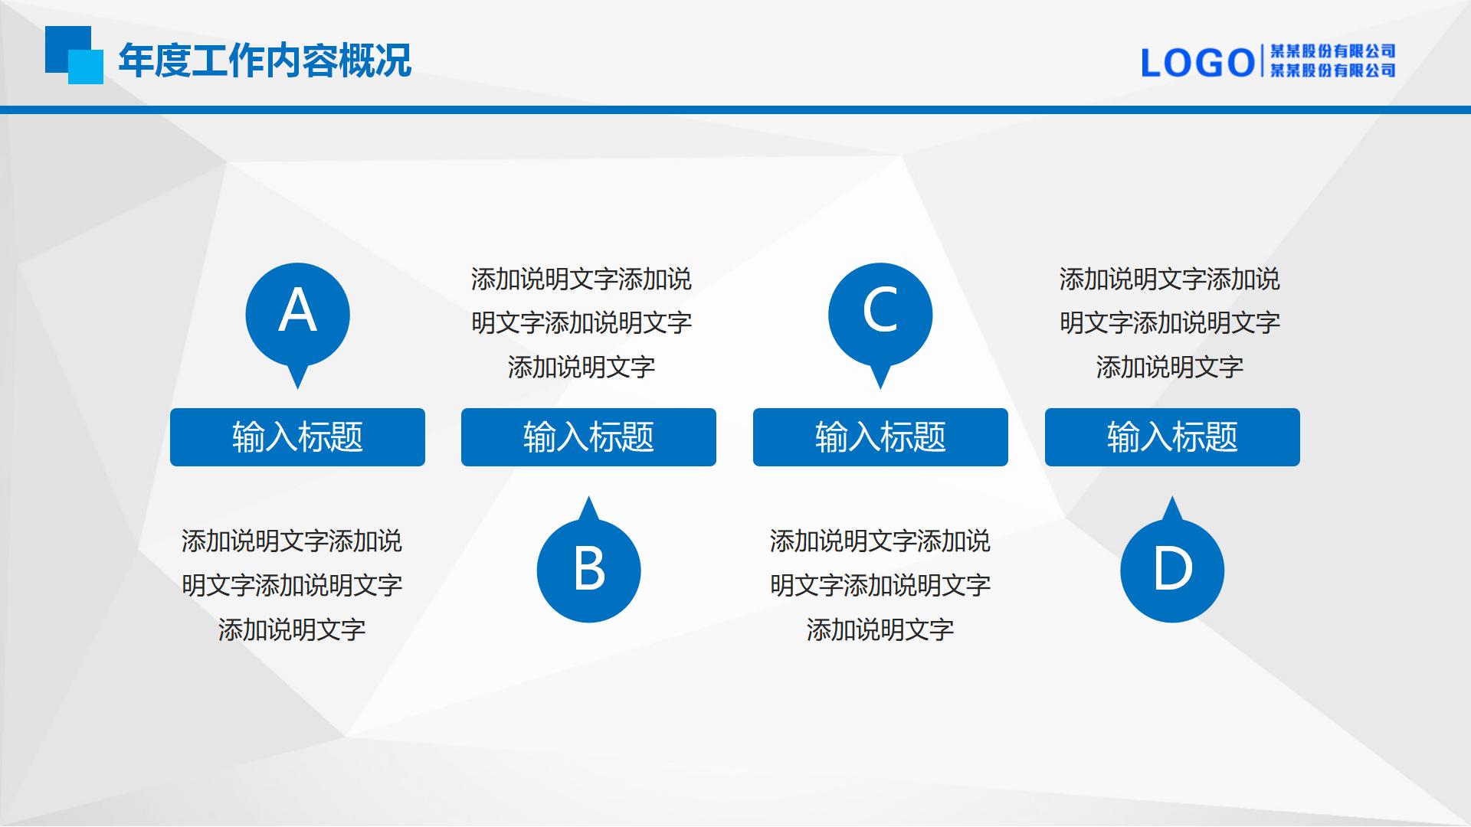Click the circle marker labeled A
click(x=297, y=315)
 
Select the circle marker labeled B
click(x=588, y=570)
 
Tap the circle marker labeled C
click(x=880, y=315)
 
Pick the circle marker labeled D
click(x=1172, y=570)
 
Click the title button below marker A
click(x=297, y=437)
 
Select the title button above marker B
click(x=588, y=437)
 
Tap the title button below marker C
click(x=880, y=437)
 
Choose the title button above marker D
click(x=1172, y=437)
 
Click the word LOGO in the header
click(x=1197, y=63)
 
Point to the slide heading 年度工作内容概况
click(x=265, y=60)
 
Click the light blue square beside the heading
click(x=86, y=67)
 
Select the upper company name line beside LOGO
click(x=1333, y=51)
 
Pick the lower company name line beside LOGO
click(x=1333, y=70)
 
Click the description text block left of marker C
click(x=582, y=323)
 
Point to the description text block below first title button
click(x=292, y=586)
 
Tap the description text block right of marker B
click(x=880, y=586)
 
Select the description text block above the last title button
click(x=1170, y=323)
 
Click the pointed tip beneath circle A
click(x=297, y=388)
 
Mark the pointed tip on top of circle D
click(x=1172, y=498)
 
